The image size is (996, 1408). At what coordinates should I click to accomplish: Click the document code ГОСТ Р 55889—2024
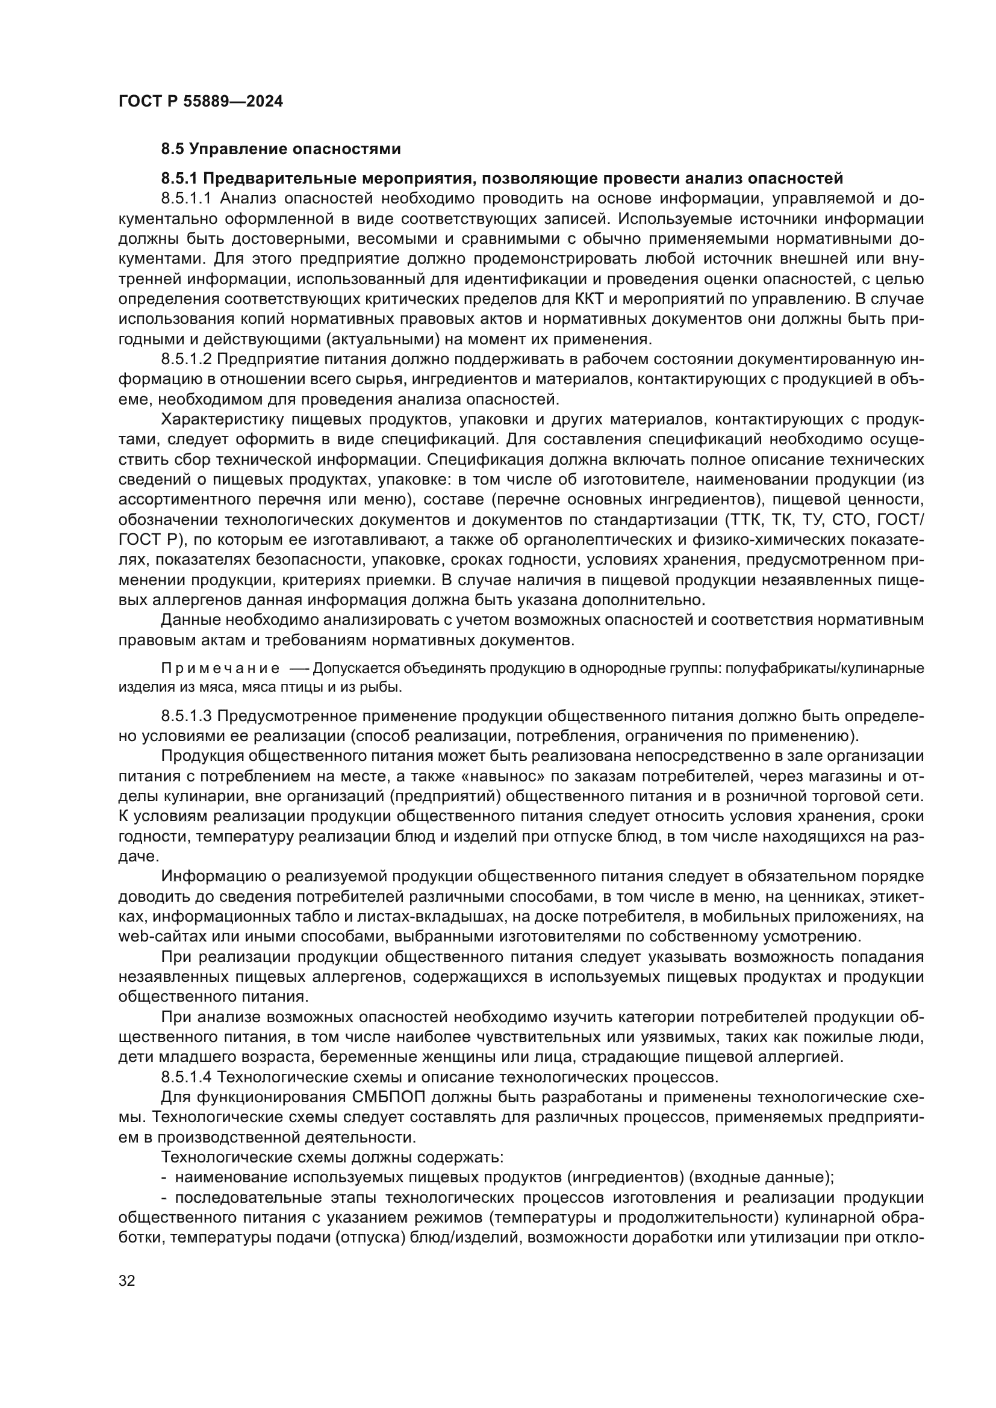tap(201, 102)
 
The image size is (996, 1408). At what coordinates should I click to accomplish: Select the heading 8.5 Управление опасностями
tap(281, 149)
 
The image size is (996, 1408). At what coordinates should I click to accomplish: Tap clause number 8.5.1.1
tap(186, 199)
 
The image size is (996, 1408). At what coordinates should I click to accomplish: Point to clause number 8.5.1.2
tap(186, 359)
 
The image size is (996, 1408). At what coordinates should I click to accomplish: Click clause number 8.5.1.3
tap(186, 716)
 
